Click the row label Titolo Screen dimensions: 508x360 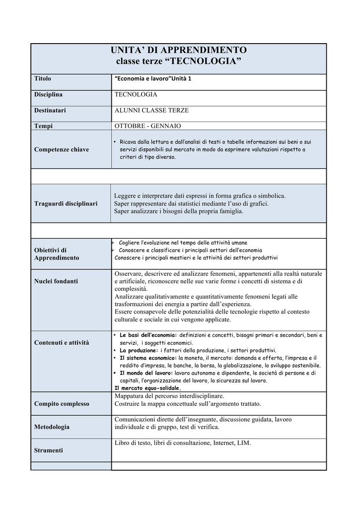[x=43, y=78]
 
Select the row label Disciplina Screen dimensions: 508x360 [x=48, y=94]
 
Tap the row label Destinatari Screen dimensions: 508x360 [x=50, y=110]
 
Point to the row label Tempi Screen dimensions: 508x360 [x=44, y=126]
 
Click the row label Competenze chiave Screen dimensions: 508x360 [x=62, y=149]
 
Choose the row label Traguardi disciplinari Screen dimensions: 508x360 [x=66, y=203]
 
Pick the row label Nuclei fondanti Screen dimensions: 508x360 [x=56, y=281]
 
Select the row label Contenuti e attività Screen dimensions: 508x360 [x=62, y=342]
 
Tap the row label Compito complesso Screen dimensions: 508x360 [x=62, y=403]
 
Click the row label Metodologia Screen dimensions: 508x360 [x=52, y=427]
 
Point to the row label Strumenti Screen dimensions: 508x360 [x=48, y=450]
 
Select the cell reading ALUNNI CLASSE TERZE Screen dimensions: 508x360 [x=151, y=110]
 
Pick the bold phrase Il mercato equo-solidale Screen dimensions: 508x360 [x=147, y=388]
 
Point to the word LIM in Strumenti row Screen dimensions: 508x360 [x=245, y=443]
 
